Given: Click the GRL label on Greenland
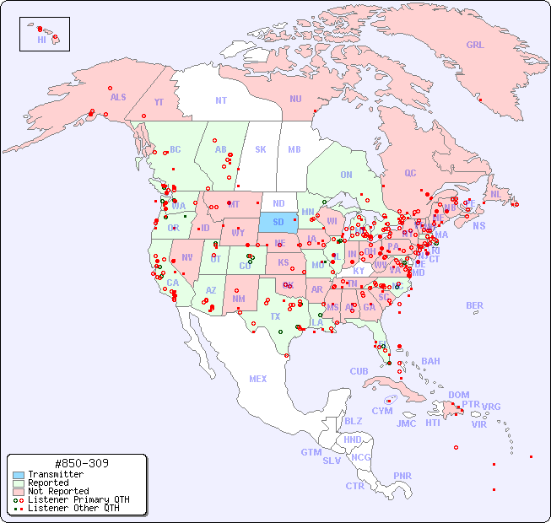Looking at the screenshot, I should click(475, 45).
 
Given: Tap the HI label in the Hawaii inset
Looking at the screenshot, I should click(41, 40).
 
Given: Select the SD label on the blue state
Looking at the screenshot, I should click(278, 222).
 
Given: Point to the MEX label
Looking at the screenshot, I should click(258, 379).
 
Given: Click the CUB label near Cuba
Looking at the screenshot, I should click(359, 371).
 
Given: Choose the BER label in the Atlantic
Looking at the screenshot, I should click(474, 305).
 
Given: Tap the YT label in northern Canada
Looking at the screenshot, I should click(159, 102).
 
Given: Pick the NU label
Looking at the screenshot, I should click(295, 99).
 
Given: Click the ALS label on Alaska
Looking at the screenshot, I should click(118, 97).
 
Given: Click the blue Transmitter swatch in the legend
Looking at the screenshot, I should click(19, 474).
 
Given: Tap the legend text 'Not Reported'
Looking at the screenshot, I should click(58, 491).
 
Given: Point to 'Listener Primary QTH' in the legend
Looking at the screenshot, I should click(78, 499).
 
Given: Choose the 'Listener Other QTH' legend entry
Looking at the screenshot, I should click(73, 508).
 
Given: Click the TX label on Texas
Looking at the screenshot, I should click(275, 316).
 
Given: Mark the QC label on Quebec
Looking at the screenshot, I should click(410, 173).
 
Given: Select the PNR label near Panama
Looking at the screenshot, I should click(402, 476).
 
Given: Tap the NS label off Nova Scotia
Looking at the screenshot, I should click(478, 225).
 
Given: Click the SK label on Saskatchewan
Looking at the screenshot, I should click(261, 149).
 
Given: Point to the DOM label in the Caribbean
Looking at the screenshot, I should click(458, 395).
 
